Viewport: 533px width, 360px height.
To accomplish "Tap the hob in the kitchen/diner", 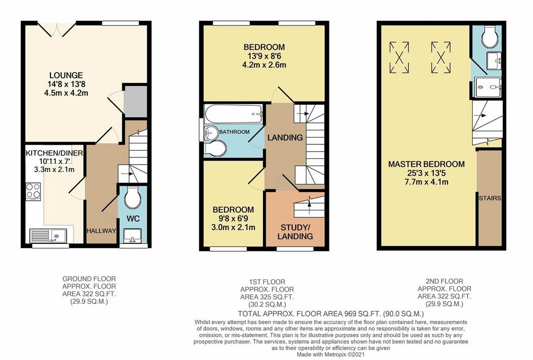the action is click(x=33, y=191).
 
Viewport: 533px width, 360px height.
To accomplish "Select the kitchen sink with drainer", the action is click(x=48, y=235).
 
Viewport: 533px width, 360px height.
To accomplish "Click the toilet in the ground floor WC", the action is click(x=133, y=197).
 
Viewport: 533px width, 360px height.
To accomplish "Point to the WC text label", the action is click(x=133, y=218).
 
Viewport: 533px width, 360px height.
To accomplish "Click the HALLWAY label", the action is click(x=101, y=231).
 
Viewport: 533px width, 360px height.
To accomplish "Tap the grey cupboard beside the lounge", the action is click(x=135, y=102).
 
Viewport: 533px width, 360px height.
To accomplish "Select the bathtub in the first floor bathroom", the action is click(x=233, y=114).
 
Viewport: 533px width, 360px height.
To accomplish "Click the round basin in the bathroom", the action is click(x=211, y=132).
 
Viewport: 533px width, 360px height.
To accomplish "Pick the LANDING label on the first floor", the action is click(x=285, y=138).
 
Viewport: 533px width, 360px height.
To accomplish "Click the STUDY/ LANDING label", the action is click(x=295, y=232).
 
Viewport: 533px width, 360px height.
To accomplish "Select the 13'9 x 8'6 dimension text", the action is click(x=264, y=56).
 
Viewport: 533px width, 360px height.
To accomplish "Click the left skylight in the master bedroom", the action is click(x=399, y=57).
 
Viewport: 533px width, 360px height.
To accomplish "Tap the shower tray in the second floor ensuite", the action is click(x=488, y=87).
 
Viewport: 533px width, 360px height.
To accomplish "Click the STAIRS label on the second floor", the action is click(x=490, y=198).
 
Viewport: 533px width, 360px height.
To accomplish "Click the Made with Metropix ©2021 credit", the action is click(x=331, y=355).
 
